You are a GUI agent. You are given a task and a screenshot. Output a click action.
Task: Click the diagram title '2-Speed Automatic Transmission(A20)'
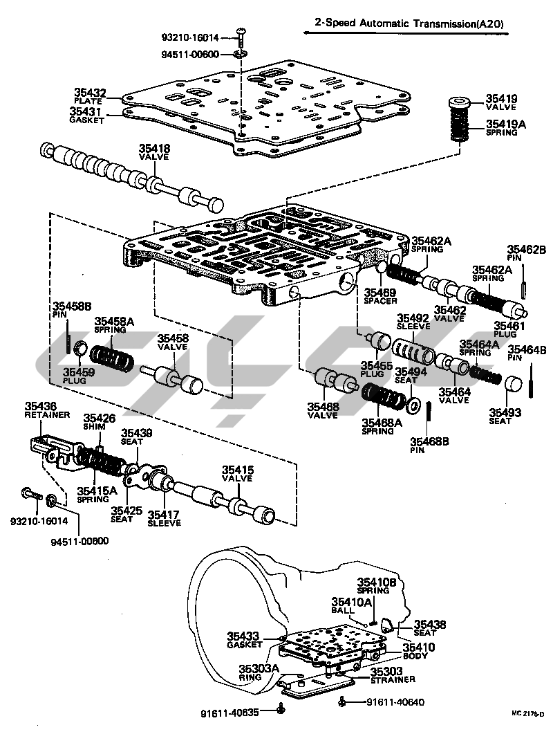409,23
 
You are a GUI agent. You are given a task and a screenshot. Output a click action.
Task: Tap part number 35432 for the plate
90,93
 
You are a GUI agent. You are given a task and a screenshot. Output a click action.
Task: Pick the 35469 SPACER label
380,295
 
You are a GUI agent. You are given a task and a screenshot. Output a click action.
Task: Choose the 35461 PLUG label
509,329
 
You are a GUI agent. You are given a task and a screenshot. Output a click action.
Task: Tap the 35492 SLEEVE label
413,322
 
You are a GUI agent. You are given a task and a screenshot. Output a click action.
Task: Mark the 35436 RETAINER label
47,410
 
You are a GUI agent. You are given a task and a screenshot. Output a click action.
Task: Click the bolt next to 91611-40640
343,701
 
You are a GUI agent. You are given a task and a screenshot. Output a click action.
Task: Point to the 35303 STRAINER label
393,675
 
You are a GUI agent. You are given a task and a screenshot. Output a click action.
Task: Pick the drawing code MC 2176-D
528,714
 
